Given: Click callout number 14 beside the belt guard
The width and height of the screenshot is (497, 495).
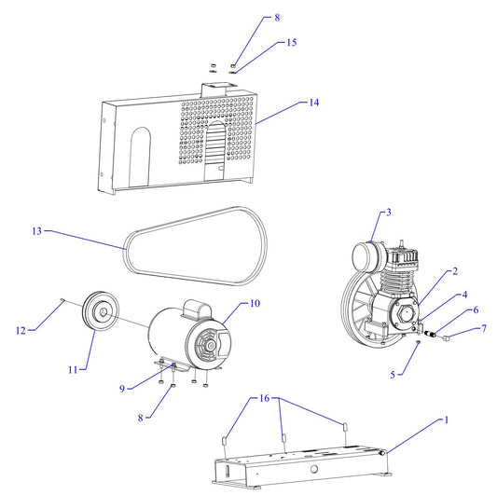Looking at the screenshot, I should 314,103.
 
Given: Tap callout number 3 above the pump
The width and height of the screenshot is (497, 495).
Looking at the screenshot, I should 388,213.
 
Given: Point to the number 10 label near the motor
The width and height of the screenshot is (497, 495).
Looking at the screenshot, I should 255,304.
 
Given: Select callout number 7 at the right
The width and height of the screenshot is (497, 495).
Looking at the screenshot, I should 484,328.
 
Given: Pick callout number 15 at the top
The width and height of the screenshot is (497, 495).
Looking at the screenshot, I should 292,43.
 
